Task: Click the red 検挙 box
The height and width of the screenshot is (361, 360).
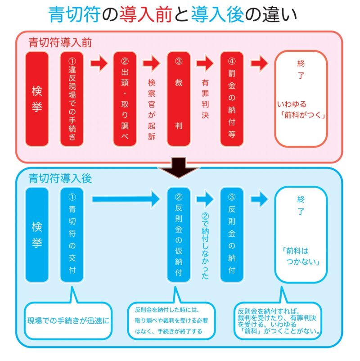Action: pyautogui.click(x=36, y=99)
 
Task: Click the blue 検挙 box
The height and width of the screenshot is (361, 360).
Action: pyautogui.click(x=36, y=235)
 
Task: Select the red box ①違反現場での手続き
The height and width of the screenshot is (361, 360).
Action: pyautogui.click(x=72, y=99)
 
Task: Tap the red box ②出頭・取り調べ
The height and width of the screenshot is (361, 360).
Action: pyautogui.click(x=125, y=99)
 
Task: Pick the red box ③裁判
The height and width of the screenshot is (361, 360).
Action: pyautogui.click(x=178, y=99)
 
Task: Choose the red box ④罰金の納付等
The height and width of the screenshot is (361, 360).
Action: pyautogui.click(x=232, y=99)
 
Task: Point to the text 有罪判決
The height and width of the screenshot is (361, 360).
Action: pyautogui.click(x=205, y=99)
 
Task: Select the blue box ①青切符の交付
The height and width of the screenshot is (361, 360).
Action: pyautogui.click(x=72, y=235)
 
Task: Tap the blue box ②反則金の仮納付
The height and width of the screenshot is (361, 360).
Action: pyautogui.click(x=178, y=235)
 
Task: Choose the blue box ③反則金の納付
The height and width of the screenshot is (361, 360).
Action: pyautogui.click(x=232, y=235)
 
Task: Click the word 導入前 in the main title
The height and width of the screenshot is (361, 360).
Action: pyautogui.click(x=146, y=15)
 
